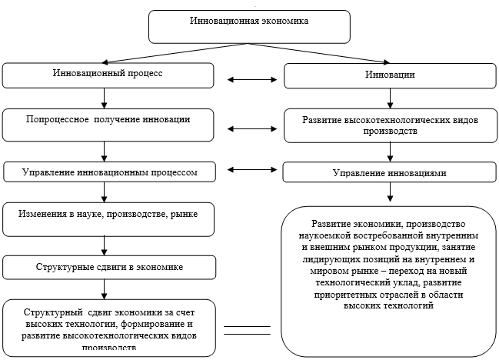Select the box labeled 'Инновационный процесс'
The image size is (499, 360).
coord(107,75)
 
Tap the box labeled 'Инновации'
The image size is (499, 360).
coord(390,75)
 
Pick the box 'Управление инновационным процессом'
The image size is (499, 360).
coord(107,172)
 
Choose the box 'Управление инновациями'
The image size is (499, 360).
coord(389,173)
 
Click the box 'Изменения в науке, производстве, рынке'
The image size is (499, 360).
coord(107,218)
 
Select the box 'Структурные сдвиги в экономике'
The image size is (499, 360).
coord(107,267)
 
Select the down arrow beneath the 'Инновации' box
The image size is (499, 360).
coord(390,98)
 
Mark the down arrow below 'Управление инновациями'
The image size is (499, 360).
coord(390,194)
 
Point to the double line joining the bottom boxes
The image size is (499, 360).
coord(247,331)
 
